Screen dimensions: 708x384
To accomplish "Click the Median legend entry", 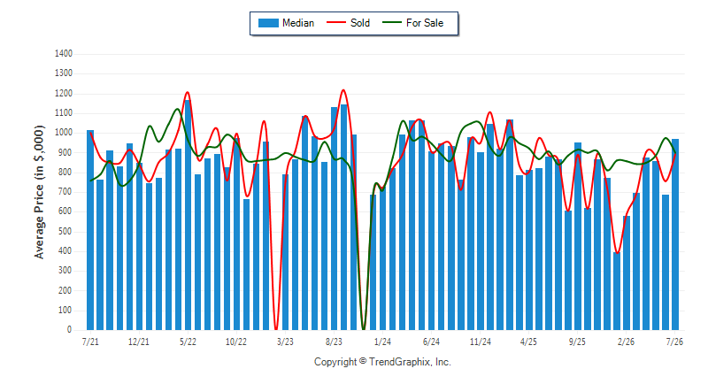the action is (286, 23).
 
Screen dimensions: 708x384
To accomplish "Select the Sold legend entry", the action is (348, 23).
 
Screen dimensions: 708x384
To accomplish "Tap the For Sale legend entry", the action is (412, 23).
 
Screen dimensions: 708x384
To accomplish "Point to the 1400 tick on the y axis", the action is (63, 54).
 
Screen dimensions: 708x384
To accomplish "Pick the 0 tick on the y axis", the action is (69, 330).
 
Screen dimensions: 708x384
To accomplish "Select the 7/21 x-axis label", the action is (90, 342).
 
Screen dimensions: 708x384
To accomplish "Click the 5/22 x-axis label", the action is (188, 342).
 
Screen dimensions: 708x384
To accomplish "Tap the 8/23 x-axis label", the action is (335, 342).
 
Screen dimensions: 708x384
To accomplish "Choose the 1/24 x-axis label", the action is (382, 342).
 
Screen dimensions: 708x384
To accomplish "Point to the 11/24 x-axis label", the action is (480, 342).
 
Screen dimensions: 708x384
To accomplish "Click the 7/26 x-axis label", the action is (674, 342).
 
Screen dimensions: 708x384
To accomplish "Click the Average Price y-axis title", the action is (39, 192).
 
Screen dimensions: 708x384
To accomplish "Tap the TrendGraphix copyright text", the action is (382, 362).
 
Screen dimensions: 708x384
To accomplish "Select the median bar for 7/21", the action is (90, 230).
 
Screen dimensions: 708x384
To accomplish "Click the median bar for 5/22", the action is (188, 215).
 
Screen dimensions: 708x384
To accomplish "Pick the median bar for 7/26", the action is (675, 234).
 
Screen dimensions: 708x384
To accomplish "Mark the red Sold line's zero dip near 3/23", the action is (276, 329).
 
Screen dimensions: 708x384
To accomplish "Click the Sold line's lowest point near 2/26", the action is (617, 253).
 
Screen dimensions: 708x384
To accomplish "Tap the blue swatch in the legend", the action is (268, 23).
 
